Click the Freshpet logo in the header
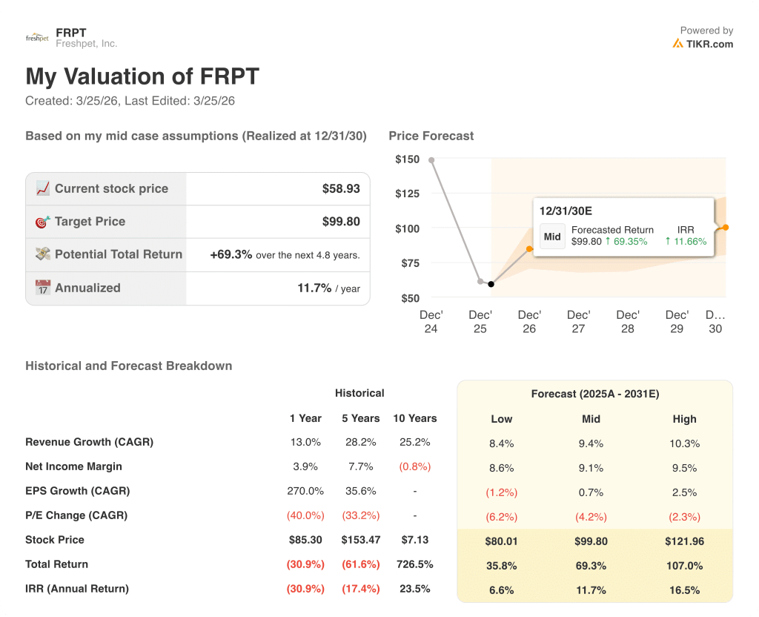click(x=37, y=38)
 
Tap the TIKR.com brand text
click(x=709, y=44)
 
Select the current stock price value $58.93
click(x=341, y=189)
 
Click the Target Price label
click(x=90, y=222)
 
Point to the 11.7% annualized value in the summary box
click(x=314, y=288)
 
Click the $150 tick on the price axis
click(x=407, y=159)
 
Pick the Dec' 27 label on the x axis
click(x=578, y=321)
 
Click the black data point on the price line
click(x=491, y=284)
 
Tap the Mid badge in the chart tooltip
click(x=552, y=237)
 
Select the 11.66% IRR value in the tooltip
click(x=690, y=241)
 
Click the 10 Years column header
click(x=414, y=418)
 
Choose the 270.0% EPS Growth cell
click(x=305, y=491)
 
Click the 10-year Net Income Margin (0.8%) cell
click(x=414, y=466)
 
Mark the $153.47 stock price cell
click(x=360, y=540)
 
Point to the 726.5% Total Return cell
click(x=414, y=564)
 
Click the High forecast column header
click(x=684, y=419)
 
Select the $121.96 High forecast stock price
click(x=684, y=541)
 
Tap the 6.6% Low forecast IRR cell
click(x=501, y=590)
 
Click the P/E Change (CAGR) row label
click(x=76, y=515)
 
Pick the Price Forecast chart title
click(x=431, y=136)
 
